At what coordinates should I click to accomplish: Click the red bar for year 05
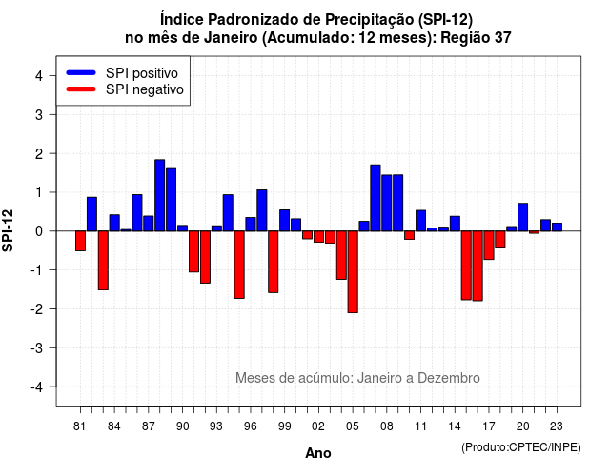coord(353,271)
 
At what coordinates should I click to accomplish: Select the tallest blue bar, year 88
coord(159,195)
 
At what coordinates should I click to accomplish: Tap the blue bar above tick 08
coord(387,203)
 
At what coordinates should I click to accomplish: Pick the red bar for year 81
coord(80,241)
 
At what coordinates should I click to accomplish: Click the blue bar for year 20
coord(523,217)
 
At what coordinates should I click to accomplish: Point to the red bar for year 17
coord(489,246)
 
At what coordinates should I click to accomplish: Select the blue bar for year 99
coord(285,220)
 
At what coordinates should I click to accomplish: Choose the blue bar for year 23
coord(557,227)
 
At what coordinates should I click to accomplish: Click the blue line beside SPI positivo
coord(81,72)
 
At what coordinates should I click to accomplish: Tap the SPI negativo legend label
coord(145,89)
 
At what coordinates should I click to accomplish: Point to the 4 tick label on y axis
coord(39,76)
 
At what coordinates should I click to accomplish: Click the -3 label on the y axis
coord(37,347)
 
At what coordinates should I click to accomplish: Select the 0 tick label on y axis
coord(39,231)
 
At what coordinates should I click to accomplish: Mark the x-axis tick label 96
coord(251,426)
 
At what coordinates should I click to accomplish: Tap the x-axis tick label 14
coord(455,426)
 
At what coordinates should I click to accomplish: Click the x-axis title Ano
coord(318,453)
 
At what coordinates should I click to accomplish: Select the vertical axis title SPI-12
coord(8,230)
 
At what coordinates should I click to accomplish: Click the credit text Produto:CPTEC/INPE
coord(521,447)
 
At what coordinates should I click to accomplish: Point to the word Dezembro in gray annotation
coord(449,378)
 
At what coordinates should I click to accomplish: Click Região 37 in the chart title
coord(476,38)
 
